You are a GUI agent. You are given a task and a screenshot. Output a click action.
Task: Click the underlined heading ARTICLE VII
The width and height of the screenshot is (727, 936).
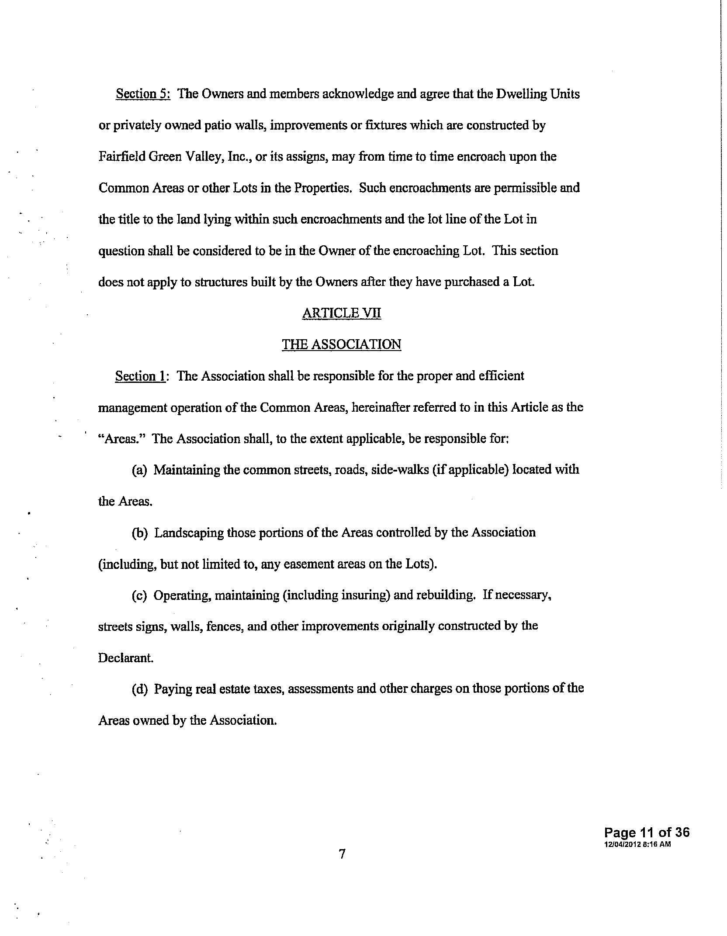[341, 313]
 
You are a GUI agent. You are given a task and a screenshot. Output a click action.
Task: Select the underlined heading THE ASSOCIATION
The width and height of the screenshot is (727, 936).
[341, 344]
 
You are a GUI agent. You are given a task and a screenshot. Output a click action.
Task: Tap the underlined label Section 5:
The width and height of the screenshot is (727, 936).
[142, 94]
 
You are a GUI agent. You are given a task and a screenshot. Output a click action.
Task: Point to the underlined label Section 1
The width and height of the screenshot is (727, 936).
[140, 376]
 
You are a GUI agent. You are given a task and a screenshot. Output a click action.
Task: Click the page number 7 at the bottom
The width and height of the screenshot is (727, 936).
[342, 863]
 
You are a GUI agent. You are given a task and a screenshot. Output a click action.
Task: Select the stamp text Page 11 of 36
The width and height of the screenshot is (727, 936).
[647, 832]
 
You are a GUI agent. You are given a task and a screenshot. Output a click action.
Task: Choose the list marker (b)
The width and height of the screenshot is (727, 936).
[140, 533]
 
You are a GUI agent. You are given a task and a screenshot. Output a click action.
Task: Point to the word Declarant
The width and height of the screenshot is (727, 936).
[125, 658]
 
